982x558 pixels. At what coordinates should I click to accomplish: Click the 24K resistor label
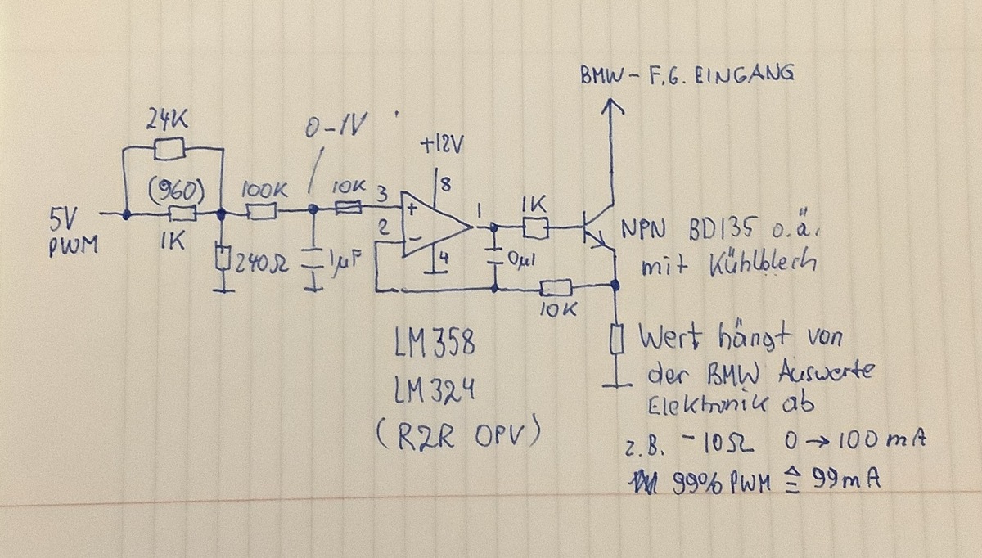coord(168,122)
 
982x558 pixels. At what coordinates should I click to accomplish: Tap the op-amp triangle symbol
coord(434,225)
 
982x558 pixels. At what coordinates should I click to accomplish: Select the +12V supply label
coord(441,146)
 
